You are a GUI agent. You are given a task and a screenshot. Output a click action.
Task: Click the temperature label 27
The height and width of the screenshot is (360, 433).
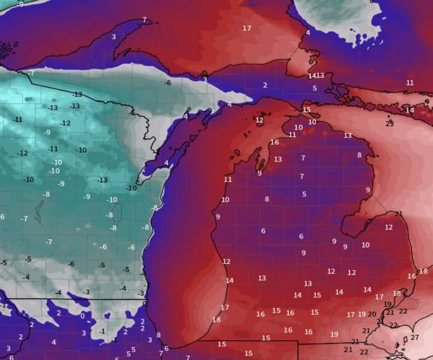(415, 338)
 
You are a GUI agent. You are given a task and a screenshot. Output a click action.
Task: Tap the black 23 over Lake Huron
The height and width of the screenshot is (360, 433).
(390, 123)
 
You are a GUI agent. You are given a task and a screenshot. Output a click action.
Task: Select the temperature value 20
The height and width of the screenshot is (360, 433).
(372, 314)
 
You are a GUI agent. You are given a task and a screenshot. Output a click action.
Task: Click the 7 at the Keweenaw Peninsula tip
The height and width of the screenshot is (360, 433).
(144, 20)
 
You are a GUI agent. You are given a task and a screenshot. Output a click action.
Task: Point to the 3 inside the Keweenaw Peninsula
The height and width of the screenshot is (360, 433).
(114, 37)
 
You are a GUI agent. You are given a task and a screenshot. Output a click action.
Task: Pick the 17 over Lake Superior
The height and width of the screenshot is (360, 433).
(247, 28)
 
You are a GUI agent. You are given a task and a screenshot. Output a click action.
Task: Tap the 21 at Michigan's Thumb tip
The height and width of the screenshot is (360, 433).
(399, 214)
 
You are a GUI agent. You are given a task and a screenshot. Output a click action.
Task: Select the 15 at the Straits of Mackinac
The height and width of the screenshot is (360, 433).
(307, 110)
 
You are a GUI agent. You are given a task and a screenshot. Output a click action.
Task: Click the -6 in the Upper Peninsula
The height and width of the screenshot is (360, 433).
(168, 83)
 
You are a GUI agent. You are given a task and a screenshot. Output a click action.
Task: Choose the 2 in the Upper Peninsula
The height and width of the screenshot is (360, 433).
(265, 85)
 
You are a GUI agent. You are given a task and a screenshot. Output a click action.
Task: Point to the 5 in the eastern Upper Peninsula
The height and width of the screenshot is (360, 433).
(315, 88)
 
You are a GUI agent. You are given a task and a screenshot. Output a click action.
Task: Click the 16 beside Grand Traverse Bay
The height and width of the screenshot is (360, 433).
(275, 142)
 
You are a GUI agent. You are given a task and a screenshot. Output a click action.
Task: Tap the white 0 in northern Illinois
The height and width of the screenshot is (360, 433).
(82, 316)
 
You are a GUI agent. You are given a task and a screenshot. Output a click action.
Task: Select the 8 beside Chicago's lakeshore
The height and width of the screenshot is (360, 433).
(158, 335)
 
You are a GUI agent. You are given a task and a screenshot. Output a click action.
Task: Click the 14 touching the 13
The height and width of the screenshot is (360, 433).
(312, 76)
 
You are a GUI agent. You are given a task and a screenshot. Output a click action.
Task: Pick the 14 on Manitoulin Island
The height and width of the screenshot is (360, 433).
(410, 110)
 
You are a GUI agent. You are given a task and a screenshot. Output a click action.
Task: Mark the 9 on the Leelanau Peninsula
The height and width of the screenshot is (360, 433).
(260, 174)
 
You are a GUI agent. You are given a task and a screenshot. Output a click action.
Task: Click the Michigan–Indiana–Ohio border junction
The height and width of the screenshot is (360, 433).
(298, 341)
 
